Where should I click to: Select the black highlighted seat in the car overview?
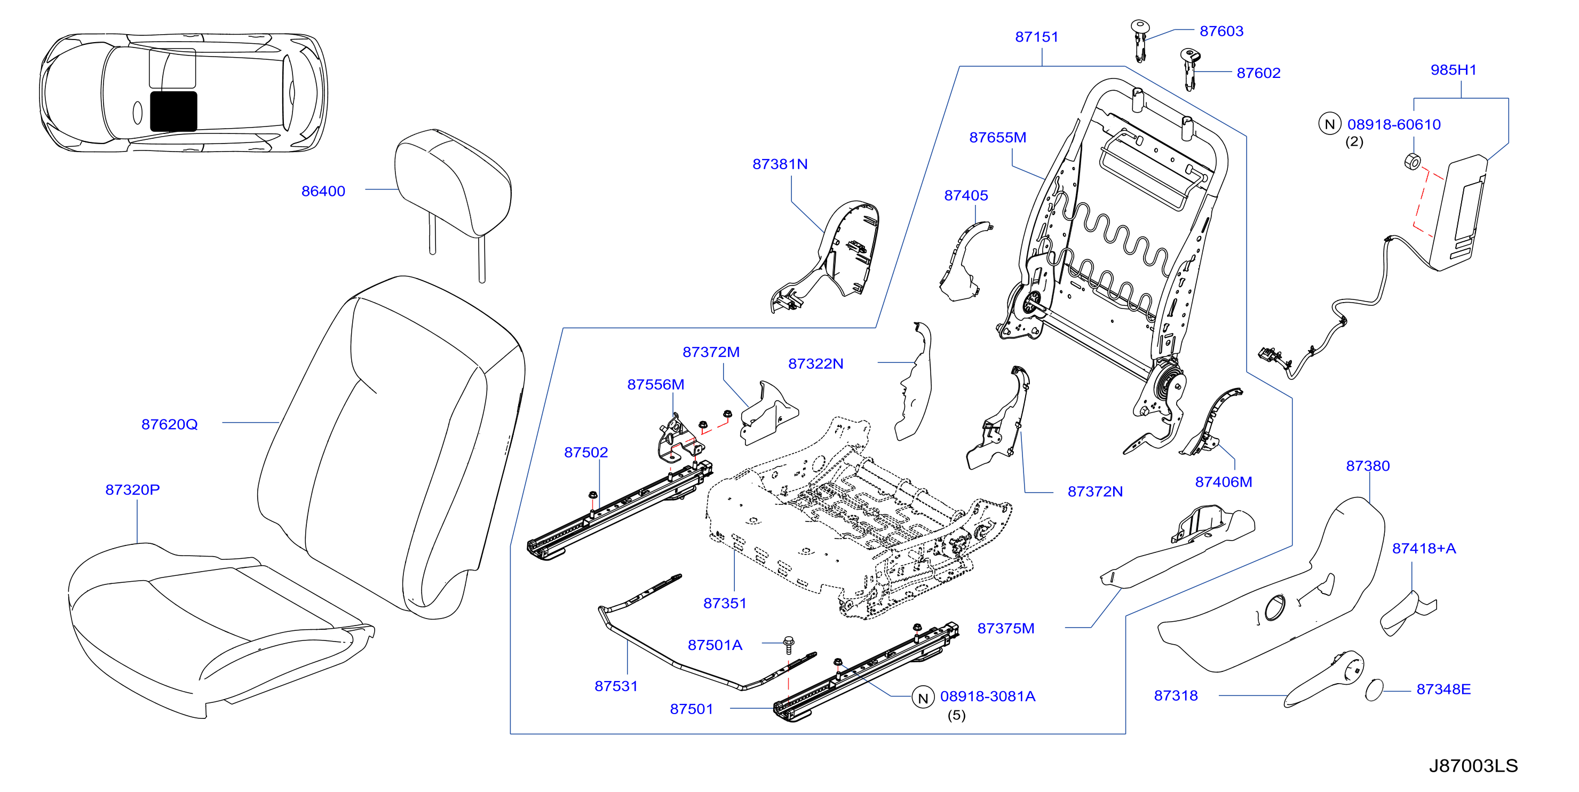pos(173,112)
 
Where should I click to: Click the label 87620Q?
pos(169,424)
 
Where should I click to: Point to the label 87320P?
pos(132,490)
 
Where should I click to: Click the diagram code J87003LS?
pos(1473,766)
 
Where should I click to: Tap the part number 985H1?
pos(1454,70)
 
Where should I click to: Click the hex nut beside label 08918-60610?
pos(1413,161)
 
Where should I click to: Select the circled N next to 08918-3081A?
pos(923,698)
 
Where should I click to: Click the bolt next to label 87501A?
pos(789,645)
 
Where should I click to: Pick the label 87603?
pos(1221,31)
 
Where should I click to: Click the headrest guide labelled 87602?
pos(1189,69)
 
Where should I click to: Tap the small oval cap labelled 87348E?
pos(1374,690)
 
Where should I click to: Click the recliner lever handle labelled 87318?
pos(1324,679)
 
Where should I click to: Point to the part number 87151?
pos(1036,37)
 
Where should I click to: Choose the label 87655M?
pos(997,137)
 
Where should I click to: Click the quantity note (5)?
pos(956,715)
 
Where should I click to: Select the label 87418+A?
pos(1423,549)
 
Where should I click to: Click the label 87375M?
pos(1005,628)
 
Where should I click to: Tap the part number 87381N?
pos(780,164)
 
